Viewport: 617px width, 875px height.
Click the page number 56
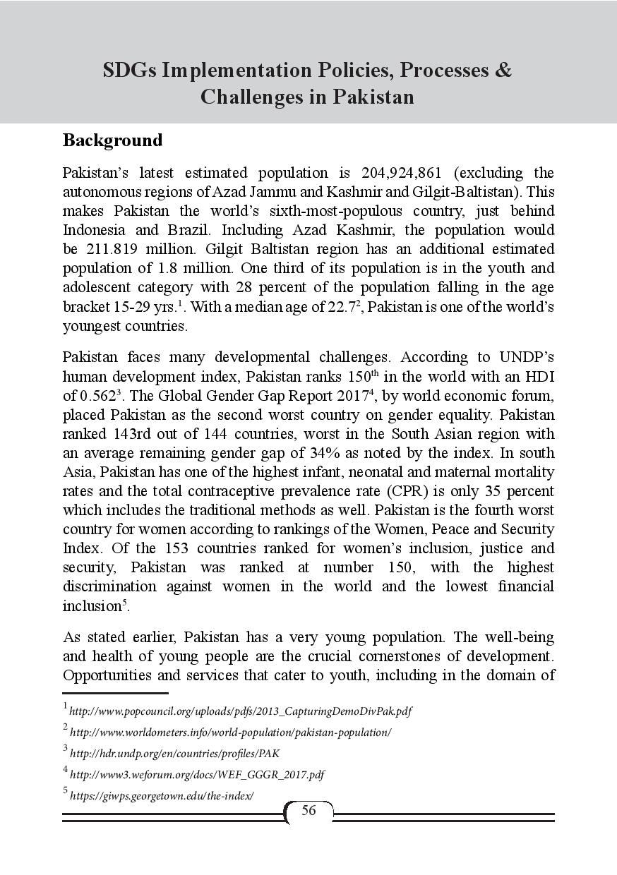coord(308,811)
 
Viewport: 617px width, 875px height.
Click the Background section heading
coord(113,140)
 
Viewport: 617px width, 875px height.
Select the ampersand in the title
coord(503,71)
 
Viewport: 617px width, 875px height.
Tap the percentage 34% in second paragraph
coord(322,453)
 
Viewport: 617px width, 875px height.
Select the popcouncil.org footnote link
coord(240,711)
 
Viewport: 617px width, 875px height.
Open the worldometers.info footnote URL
coord(230,732)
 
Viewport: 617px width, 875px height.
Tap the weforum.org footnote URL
coord(197,774)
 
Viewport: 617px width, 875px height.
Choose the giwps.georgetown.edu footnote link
coord(162,795)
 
